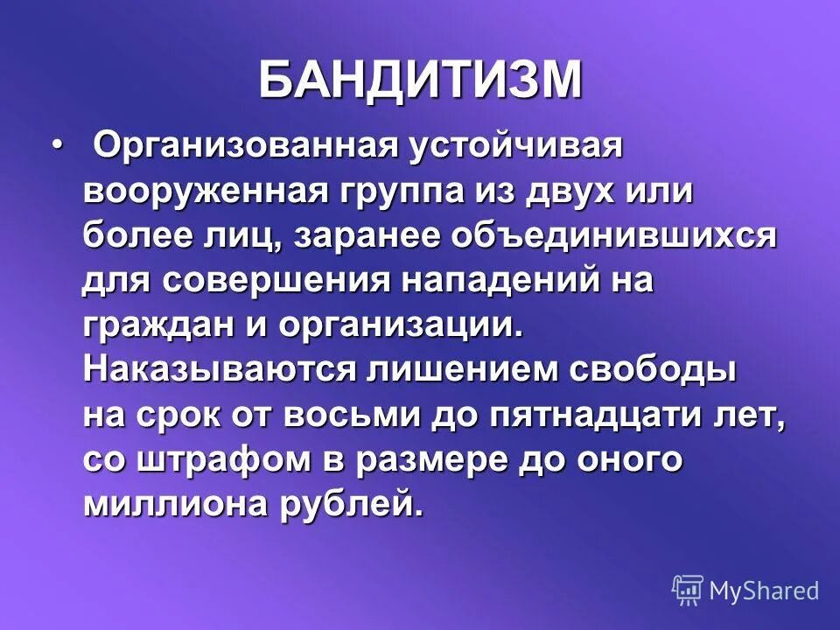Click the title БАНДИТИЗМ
pos(420,80)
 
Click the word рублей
pos(360,507)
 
